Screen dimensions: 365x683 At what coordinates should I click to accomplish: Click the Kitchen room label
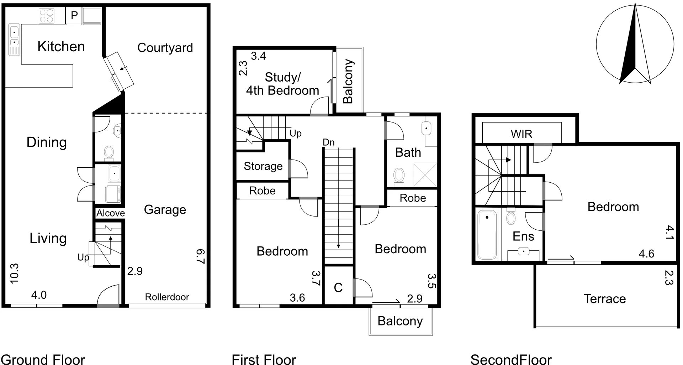coord(61,47)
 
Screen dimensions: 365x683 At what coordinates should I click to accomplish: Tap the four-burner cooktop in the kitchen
coord(47,16)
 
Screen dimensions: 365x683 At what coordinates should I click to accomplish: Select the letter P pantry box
coord(74,16)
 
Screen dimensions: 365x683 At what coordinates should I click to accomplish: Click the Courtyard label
coord(165,48)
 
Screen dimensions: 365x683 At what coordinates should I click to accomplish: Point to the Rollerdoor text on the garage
coord(167,297)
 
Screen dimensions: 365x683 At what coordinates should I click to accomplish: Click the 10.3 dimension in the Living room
coord(14,273)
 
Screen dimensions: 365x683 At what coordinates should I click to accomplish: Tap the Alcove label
coord(111,213)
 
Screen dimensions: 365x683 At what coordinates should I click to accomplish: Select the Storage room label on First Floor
coord(263,166)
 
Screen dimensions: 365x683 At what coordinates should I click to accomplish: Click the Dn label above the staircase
coord(328,142)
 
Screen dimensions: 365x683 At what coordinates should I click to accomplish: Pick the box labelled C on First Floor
coord(338,287)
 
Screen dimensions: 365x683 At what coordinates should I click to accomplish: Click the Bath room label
coord(408,153)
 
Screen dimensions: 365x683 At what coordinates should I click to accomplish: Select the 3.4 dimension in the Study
coord(258,56)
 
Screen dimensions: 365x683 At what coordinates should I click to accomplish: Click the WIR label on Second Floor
coord(521,134)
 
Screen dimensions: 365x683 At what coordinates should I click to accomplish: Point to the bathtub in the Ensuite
coord(487,235)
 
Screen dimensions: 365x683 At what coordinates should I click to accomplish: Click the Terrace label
coord(604,299)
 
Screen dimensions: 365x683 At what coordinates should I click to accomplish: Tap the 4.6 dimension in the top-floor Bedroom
coord(646,254)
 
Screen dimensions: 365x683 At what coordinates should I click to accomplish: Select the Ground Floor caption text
coord(43,359)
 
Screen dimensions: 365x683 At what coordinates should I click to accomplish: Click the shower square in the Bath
coord(425,175)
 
